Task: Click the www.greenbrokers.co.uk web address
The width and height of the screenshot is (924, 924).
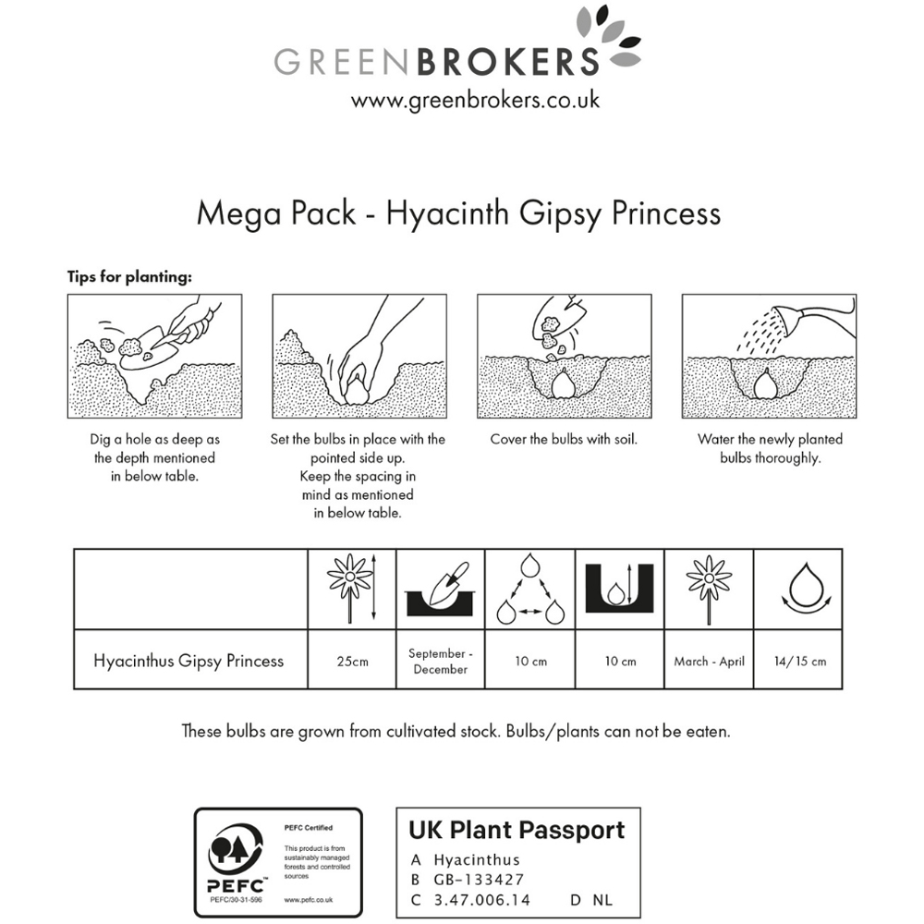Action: pyautogui.click(x=475, y=100)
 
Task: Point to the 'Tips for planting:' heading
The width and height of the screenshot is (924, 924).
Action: pyautogui.click(x=129, y=276)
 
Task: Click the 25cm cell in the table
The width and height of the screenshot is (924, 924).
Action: pyautogui.click(x=352, y=662)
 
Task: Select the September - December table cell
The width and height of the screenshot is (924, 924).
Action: pyautogui.click(x=440, y=662)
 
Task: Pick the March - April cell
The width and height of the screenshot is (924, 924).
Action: pyautogui.click(x=709, y=662)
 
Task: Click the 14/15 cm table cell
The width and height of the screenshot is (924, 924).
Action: pyautogui.click(x=798, y=662)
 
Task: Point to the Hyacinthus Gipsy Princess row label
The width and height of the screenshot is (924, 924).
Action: pyautogui.click(x=188, y=662)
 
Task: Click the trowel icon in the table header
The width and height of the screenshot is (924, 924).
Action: pyautogui.click(x=440, y=590)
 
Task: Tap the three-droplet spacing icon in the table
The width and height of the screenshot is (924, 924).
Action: pyautogui.click(x=530, y=590)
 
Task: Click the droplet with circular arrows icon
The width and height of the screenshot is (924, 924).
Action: pyautogui.click(x=806, y=590)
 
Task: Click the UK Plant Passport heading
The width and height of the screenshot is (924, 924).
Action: pyautogui.click(x=517, y=830)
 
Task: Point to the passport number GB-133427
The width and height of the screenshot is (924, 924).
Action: pyautogui.click(x=479, y=880)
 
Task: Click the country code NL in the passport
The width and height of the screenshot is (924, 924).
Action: pyautogui.click(x=602, y=900)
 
